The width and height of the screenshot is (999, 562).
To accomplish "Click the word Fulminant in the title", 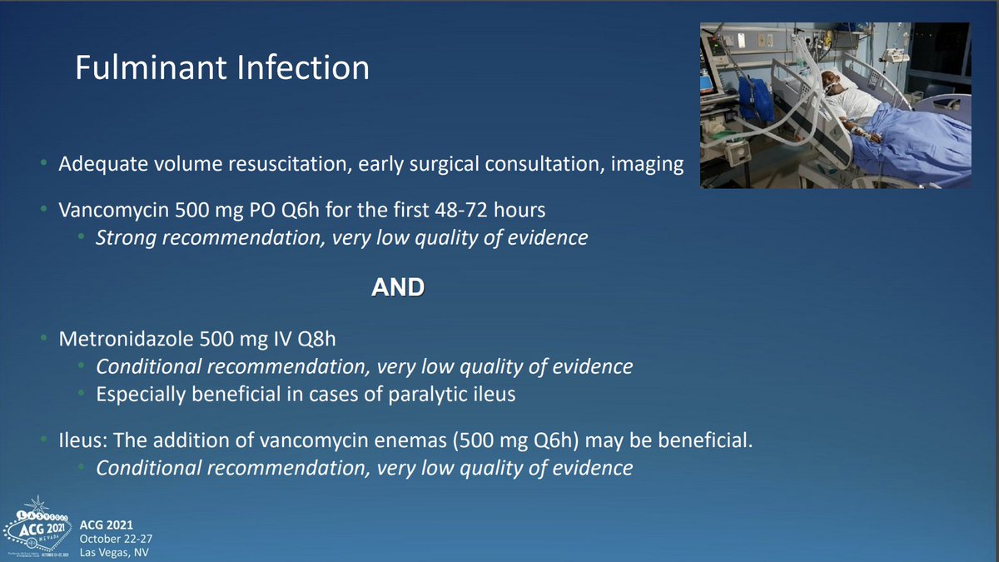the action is [x=152, y=67].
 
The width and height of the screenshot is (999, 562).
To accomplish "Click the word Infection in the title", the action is [x=303, y=67].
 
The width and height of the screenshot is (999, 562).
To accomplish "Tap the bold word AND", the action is [x=398, y=286].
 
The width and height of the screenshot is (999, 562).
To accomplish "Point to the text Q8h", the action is [x=316, y=339].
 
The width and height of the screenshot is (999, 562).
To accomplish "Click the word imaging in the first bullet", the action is [x=647, y=165].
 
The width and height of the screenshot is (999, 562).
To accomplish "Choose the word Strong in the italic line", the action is [x=126, y=238].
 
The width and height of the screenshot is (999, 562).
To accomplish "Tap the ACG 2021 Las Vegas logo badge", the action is [x=38, y=528].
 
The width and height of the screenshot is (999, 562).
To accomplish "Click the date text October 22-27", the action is [x=116, y=539].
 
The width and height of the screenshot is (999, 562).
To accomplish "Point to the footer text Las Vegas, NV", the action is [x=114, y=553].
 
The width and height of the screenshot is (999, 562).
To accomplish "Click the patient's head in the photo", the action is [x=831, y=82].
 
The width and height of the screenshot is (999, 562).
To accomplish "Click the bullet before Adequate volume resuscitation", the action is [x=43, y=163].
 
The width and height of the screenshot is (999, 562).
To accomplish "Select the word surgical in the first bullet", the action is [x=444, y=165].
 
